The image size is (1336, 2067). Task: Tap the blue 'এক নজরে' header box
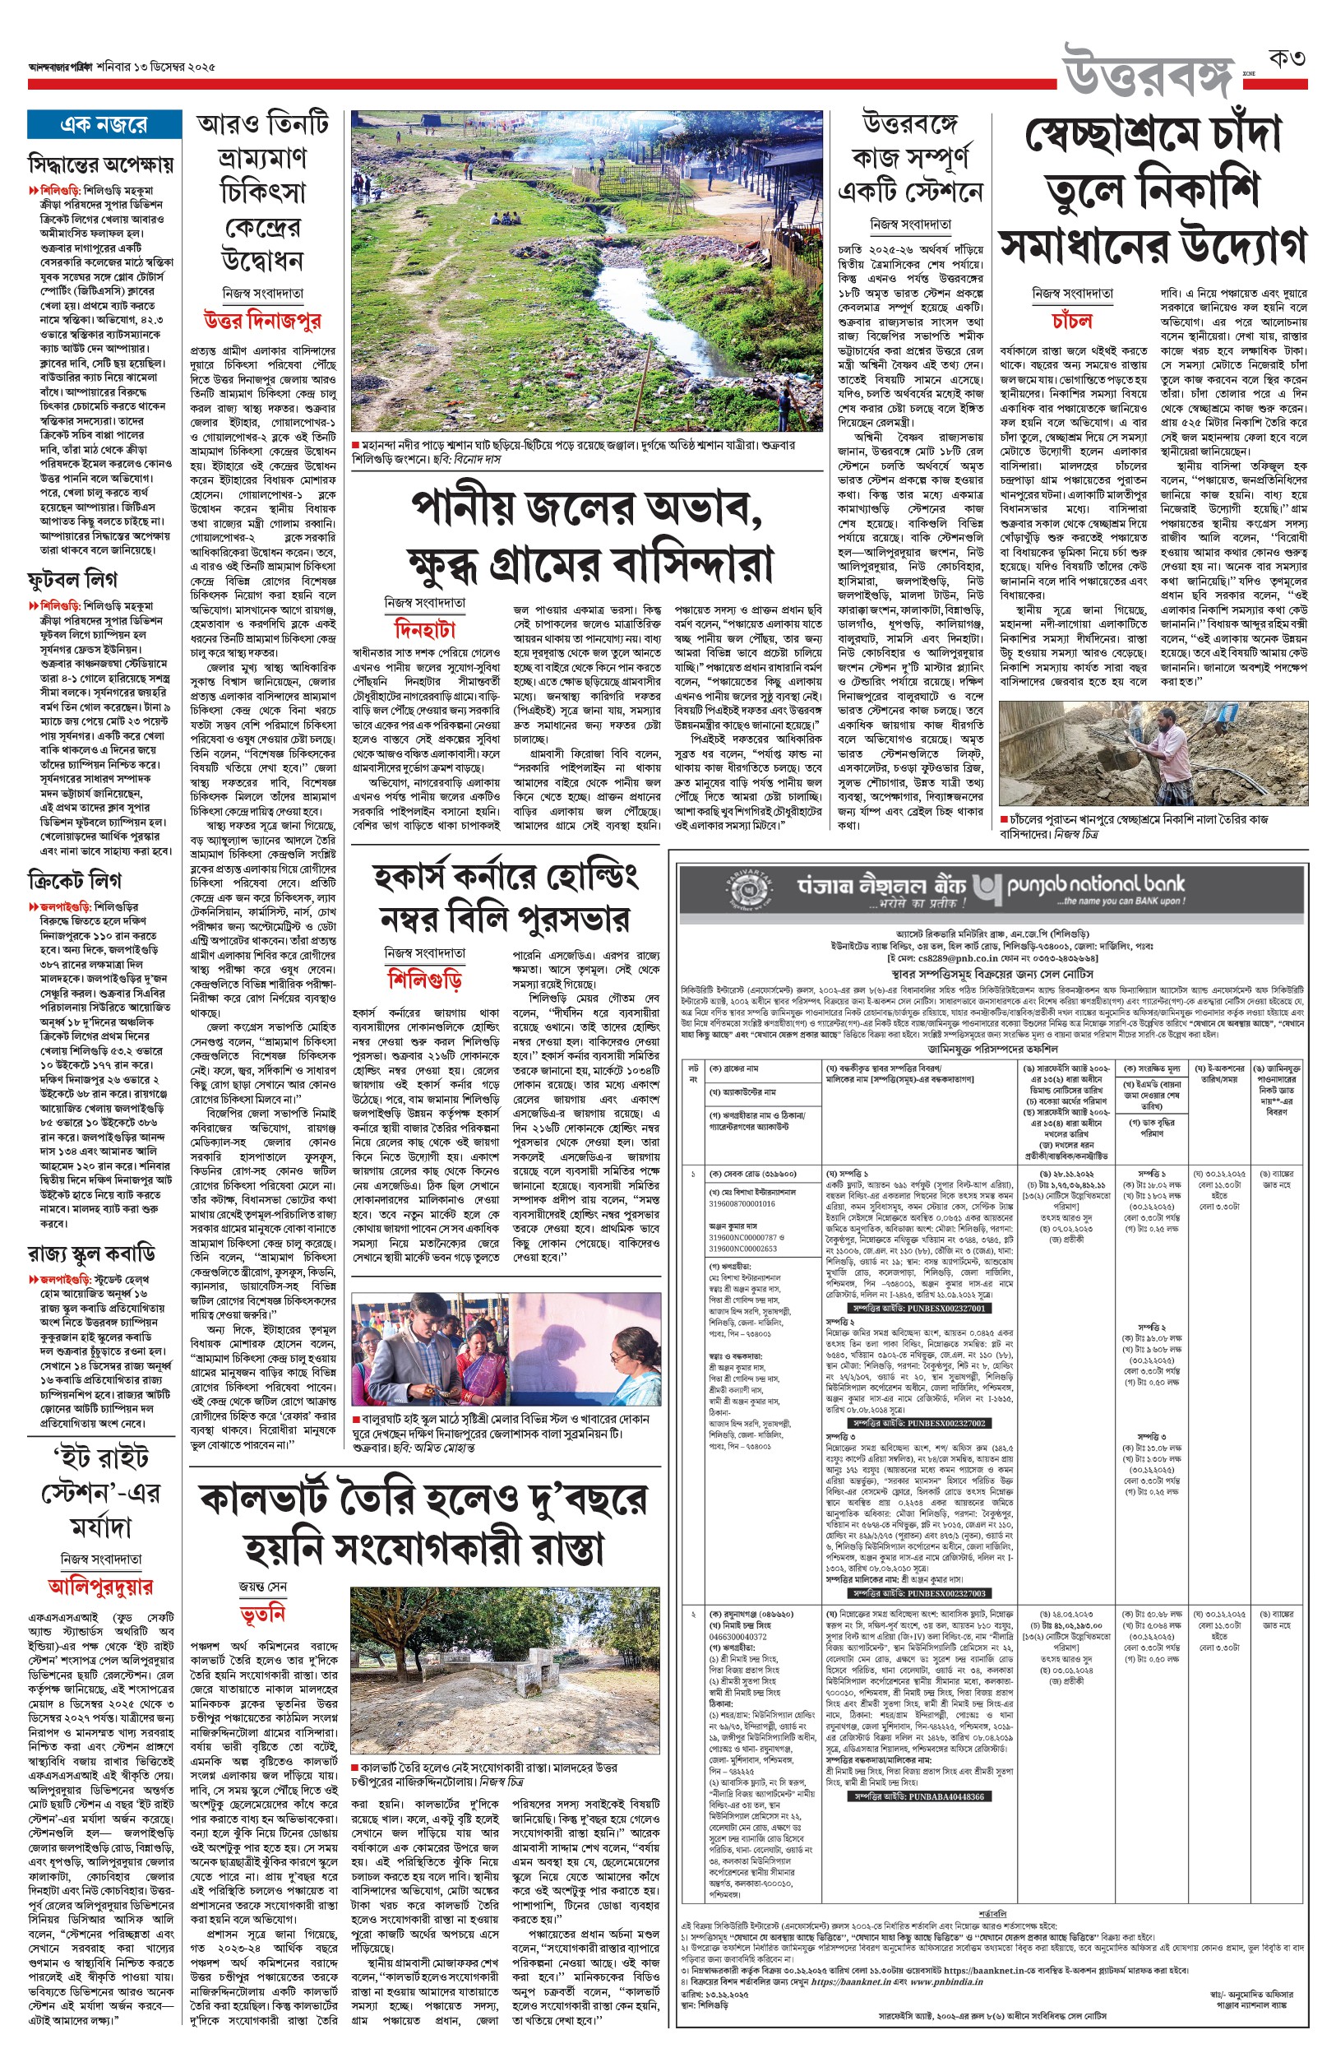(104, 125)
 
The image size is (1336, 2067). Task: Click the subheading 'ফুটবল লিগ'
(72, 579)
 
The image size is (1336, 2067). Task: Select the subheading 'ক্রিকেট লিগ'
(75, 881)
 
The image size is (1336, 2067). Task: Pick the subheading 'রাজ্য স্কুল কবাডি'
(91, 1254)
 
